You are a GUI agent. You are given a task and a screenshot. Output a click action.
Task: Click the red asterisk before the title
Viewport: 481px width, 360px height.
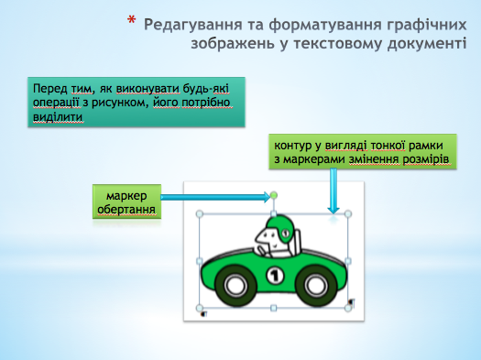click(x=133, y=19)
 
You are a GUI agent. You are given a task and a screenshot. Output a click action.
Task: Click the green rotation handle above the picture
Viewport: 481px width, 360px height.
click(x=274, y=195)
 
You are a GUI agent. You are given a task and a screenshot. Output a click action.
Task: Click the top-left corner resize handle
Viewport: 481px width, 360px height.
click(x=200, y=215)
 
